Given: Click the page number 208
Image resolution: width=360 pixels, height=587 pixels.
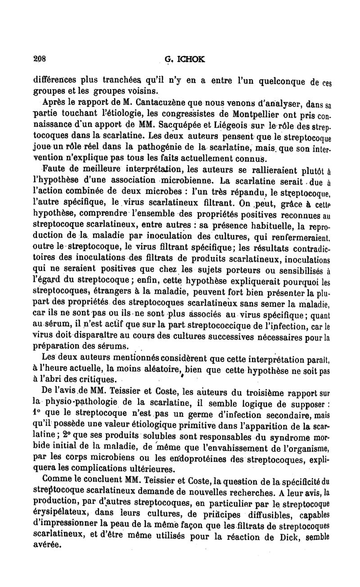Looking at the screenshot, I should pyautogui.click(x=41, y=58).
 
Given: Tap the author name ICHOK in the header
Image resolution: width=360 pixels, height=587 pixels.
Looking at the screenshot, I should pyautogui.click(x=192, y=58).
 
